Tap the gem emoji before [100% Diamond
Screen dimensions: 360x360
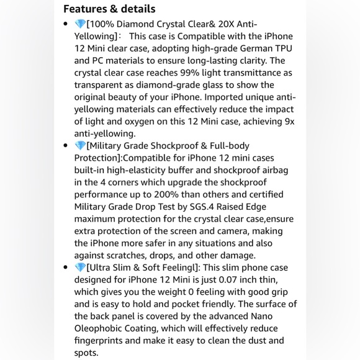[x=80, y=24]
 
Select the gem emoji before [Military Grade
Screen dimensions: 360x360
[x=80, y=146]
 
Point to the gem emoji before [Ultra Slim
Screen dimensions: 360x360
[x=80, y=268]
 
